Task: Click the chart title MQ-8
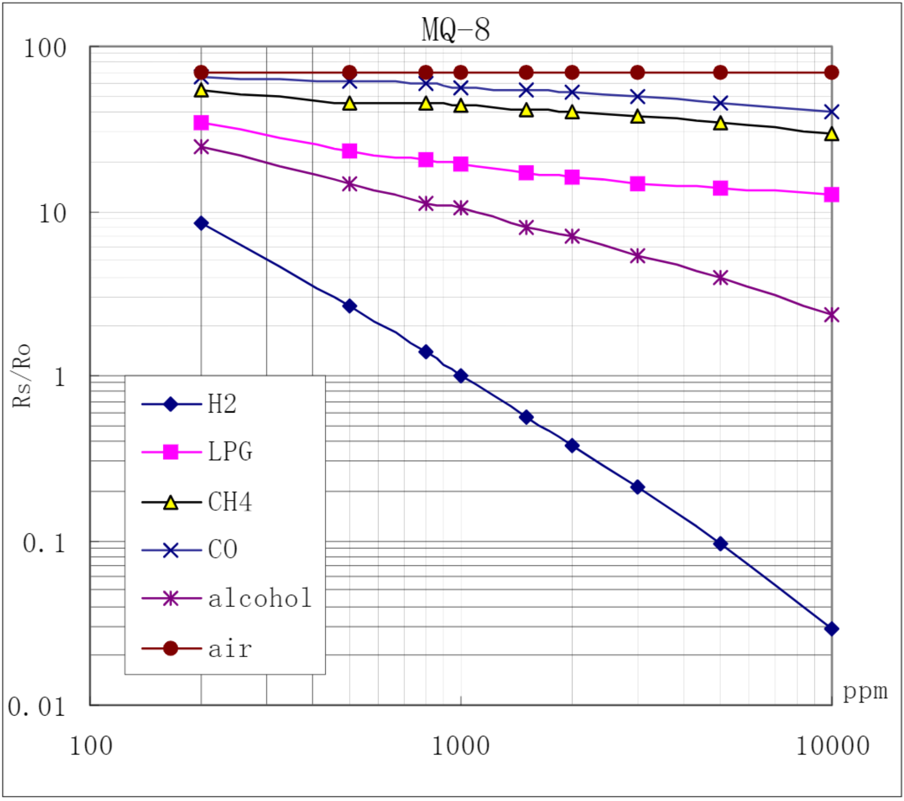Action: coord(456,29)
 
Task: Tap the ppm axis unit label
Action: coord(865,692)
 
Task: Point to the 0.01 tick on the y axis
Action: coord(37,708)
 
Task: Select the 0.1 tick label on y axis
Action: coord(44,543)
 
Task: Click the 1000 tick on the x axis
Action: coord(460,747)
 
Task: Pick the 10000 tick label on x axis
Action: coord(833,747)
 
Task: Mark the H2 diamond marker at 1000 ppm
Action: coord(461,376)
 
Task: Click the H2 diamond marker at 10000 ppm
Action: coord(831,629)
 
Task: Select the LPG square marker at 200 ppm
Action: coord(201,123)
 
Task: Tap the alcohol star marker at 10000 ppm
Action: coord(831,315)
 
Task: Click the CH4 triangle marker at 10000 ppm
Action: coord(831,135)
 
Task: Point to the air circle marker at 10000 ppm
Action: coord(831,73)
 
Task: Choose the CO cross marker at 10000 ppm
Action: coord(831,112)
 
